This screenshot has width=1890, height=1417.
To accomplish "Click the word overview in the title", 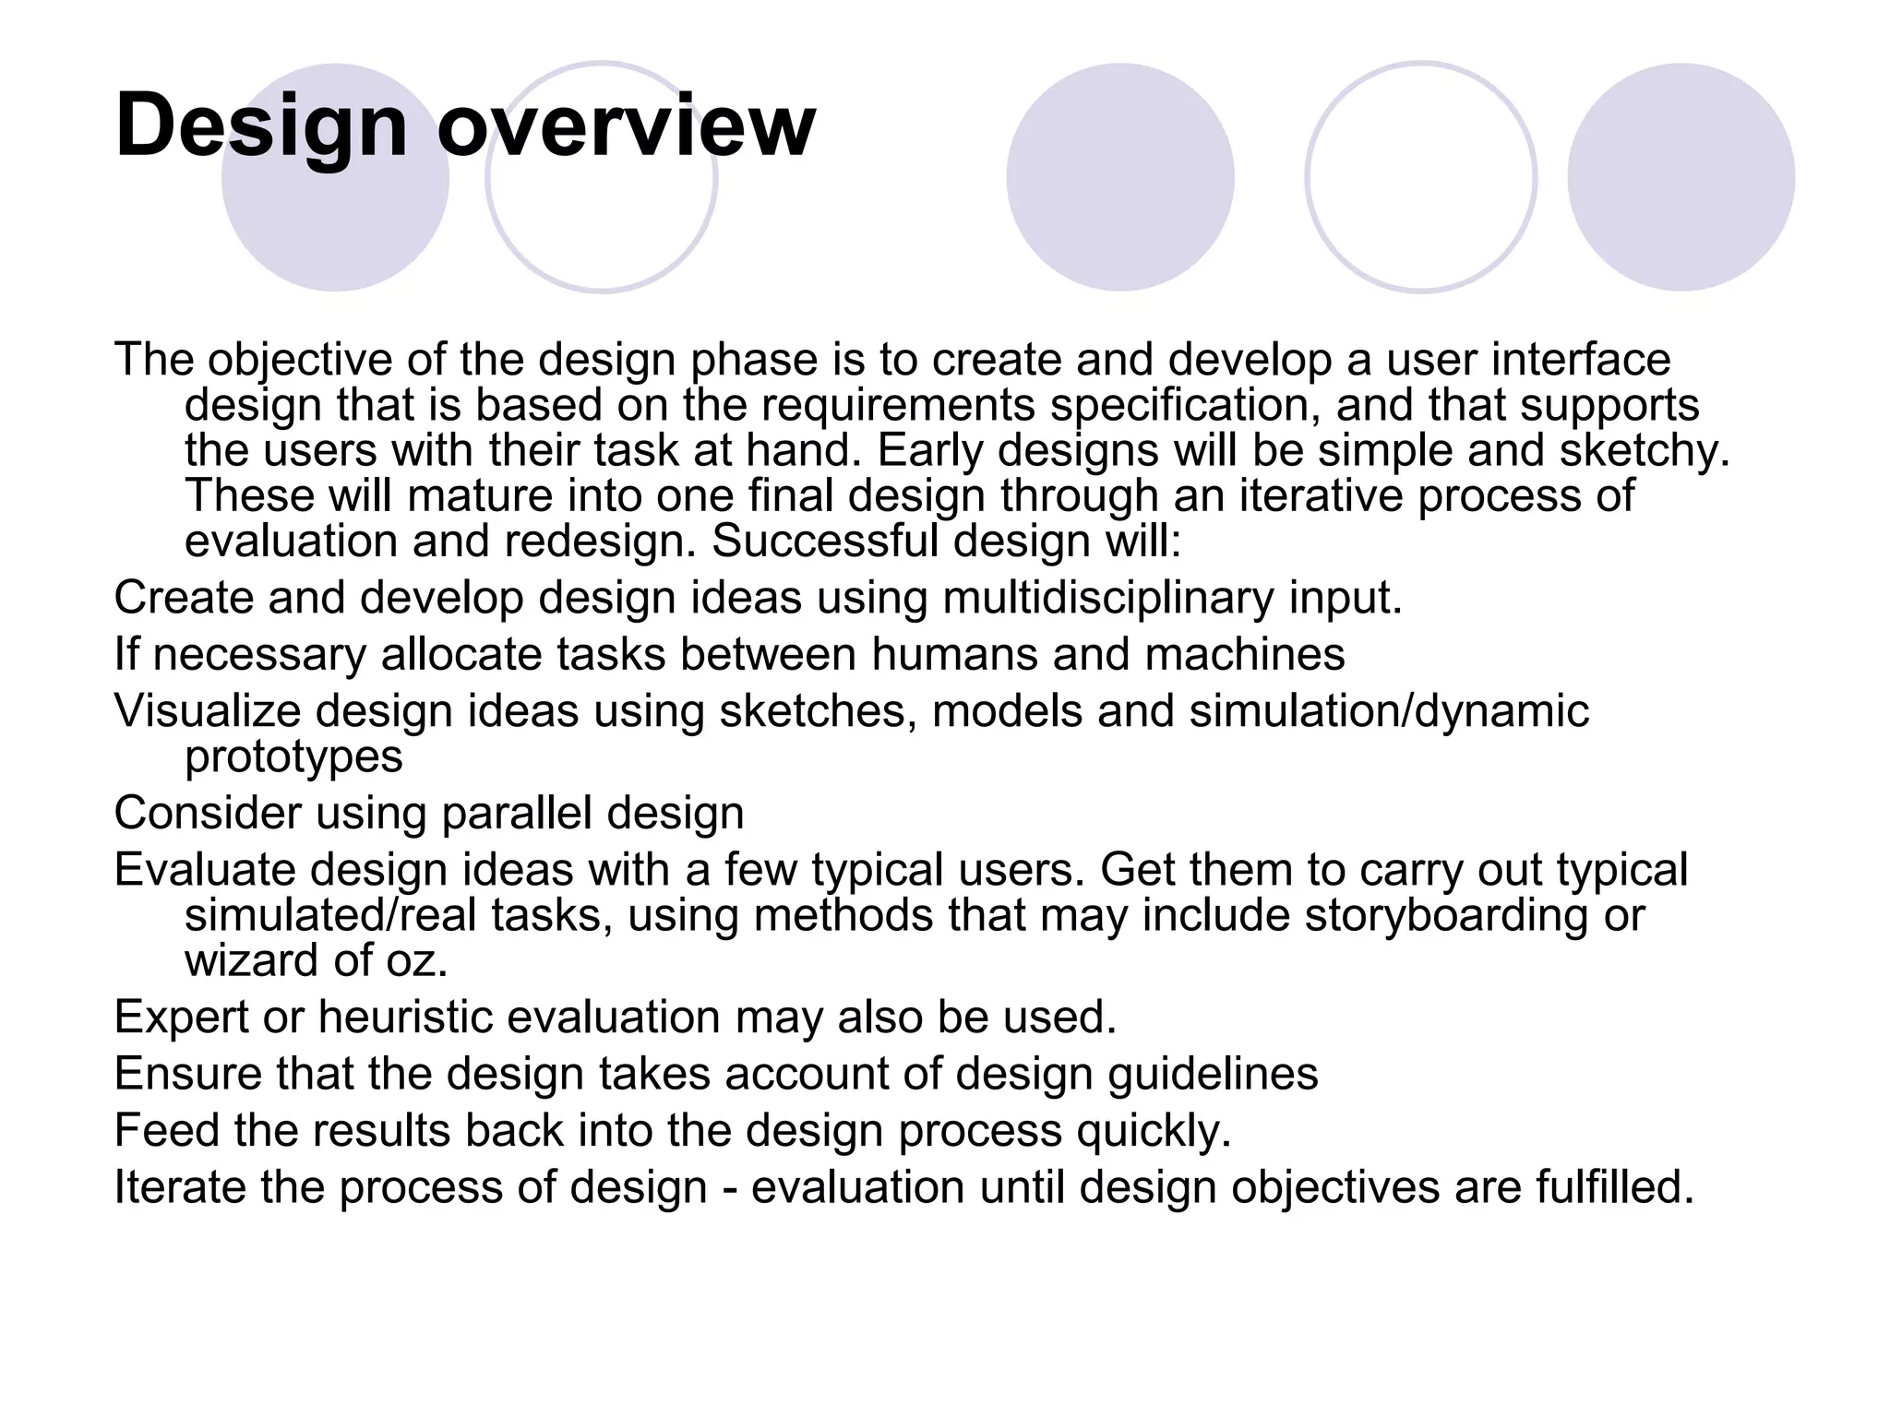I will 626,125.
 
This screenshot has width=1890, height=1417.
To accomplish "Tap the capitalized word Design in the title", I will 261,125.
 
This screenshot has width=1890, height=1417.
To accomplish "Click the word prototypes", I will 293,756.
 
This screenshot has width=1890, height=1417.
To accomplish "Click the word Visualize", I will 208,711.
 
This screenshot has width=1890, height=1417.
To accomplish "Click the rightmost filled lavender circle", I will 1681,177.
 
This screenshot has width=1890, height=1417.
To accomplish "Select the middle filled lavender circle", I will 1119,177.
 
